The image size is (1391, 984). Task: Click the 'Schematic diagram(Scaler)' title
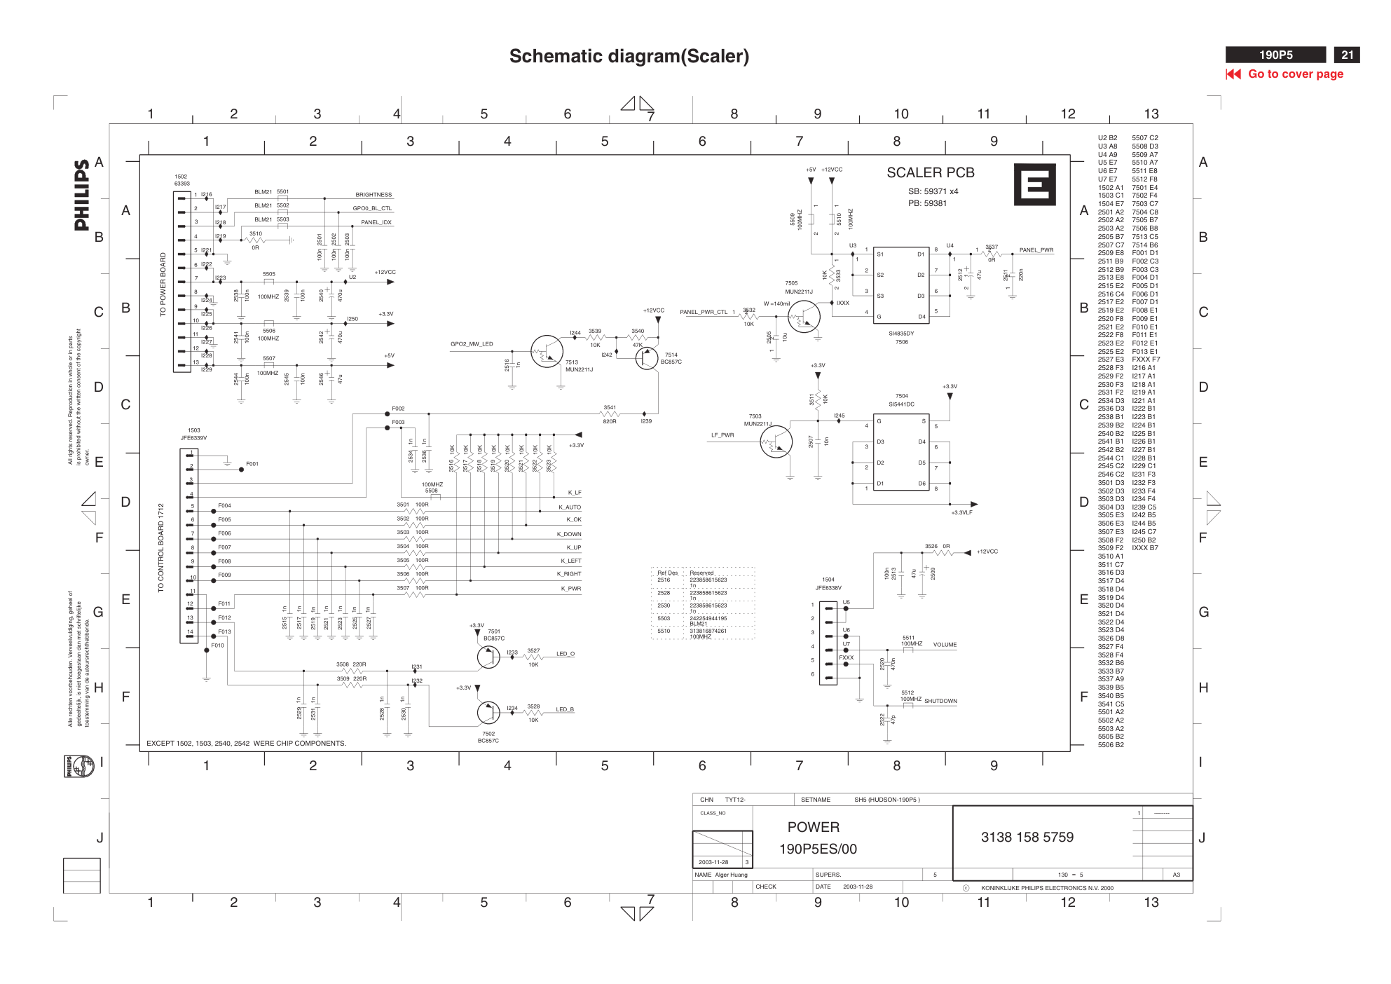point(629,56)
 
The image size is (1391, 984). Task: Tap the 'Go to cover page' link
point(1295,74)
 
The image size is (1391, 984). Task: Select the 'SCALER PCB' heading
point(930,172)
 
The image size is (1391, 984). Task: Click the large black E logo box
point(1034,184)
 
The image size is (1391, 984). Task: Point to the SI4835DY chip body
point(900,285)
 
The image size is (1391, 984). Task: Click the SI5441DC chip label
point(901,404)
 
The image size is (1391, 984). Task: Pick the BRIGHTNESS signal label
point(374,195)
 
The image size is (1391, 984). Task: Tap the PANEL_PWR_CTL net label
point(704,312)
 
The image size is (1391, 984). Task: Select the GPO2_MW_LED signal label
point(472,344)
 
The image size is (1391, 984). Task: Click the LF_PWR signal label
point(722,435)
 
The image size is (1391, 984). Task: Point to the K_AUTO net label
point(569,507)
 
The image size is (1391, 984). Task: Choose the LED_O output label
point(565,654)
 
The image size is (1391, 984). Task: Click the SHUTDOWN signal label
point(940,701)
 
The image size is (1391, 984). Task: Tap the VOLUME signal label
point(945,645)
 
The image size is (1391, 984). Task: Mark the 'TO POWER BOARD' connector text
point(163,284)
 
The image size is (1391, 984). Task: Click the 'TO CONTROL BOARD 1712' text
point(160,547)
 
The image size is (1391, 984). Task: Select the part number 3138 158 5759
point(1027,837)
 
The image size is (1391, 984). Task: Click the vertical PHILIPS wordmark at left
point(82,195)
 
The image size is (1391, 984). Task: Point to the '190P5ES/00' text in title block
point(818,849)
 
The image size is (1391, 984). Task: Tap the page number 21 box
point(1346,55)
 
